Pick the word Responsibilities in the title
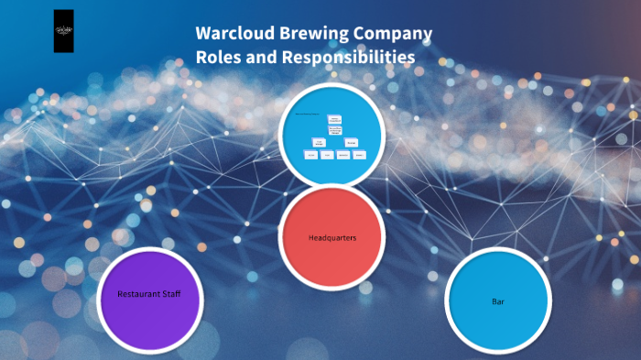coord(353,57)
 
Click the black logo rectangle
coord(64,31)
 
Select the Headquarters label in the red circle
coord(331,238)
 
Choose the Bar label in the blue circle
coord(498,301)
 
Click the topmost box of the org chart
coord(334,119)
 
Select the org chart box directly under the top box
coord(334,131)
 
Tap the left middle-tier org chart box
coord(319,142)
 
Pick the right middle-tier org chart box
coord(351,142)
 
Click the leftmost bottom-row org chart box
coord(311,156)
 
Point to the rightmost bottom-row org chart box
coord(360,156)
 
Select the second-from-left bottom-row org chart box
coord(327,156)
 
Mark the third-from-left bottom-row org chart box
coord(343,156)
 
